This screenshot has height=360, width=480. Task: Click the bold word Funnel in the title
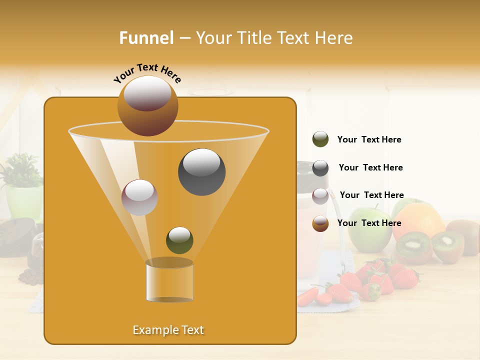click(146, 38)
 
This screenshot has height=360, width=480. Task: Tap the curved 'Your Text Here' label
click(147, 73)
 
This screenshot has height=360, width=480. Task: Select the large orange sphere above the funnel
click(147, 105)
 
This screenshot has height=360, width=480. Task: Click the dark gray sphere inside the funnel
click(201, 172)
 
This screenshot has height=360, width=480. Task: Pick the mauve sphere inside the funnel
click(139, 197)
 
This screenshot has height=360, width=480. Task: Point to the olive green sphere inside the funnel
click(179, 240)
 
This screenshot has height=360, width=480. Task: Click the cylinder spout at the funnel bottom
click(169, 281)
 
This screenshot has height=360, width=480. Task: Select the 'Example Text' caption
click(168, 330)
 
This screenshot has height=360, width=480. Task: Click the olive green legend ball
click(320, 139)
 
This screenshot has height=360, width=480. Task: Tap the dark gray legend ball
click(320, 168)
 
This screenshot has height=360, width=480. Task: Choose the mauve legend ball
click(320, 196)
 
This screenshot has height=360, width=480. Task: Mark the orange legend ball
click(320, 223)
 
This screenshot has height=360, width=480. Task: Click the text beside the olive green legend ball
click(369, 140)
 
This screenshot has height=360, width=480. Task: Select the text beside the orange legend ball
click(369, 223)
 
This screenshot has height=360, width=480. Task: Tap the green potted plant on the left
click(22, 185)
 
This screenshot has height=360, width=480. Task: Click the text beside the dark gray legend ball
click(370, 168)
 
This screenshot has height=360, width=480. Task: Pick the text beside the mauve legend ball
click(371, 195)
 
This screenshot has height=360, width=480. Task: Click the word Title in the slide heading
click(254, 38)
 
